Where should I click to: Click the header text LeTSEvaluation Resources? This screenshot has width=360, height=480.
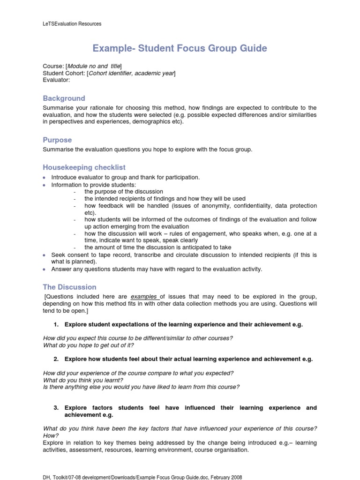pyautogui.click(x=72, y=23)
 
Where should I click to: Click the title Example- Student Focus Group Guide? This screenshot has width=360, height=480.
pyautogui.click(x=180, y=48)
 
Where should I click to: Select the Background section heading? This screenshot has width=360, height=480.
pyautogui.click(x=64, y=98)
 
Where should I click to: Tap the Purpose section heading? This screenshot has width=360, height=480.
pyautogui.click(x=57, y=140)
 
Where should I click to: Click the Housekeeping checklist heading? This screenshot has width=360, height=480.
pyautogui.click(x=84, y=167)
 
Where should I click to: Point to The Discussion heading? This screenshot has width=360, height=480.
pyautogui.click(x=69, y=287)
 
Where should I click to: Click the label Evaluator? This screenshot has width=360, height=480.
pyautogui.click(x=56, y=80)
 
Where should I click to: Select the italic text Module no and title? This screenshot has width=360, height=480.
pyautogui.click(x=94, y=66)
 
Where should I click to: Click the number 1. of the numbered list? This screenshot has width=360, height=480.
pyautogui.click(x=56, y=325)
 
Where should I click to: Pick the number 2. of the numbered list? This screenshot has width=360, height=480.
pyautogui.click(x=56, y=359)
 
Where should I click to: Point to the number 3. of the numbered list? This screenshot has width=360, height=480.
pyautogui.click(x=56, y=408)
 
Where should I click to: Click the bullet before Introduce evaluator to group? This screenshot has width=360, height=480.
pyautogui.click(x=44, y=178)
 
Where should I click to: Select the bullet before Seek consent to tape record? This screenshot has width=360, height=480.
pyautogui.click(x=44, y=255)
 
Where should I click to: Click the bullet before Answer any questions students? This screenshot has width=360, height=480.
pyautogui.click(x=44, y=270)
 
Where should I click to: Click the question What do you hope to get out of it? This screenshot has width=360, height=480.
pyautogui.click(x=89, y=345)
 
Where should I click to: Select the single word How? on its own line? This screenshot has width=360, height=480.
pyautogui.click(x=50, y=435)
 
